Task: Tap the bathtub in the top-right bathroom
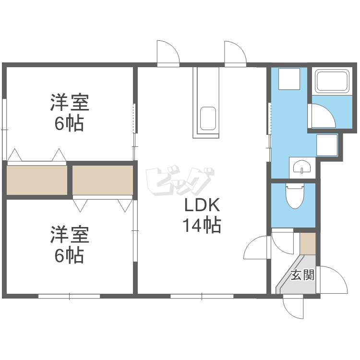click(x=331, y=82)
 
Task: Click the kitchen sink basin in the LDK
click(x=207, y=118)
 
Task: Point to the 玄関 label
click(x=302, y=275)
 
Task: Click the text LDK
click(x=203, y=206)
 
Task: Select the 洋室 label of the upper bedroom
click(x=70, y=103)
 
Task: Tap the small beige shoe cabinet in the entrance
click(x=307, y=243)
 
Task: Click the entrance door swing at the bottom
click(x=294, y=307)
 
